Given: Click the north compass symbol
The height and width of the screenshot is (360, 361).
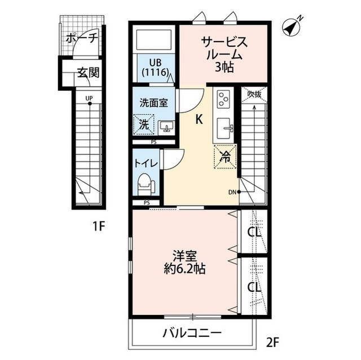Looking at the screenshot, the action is [292, 26].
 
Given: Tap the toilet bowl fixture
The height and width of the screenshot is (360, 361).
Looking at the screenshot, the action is [146, 184].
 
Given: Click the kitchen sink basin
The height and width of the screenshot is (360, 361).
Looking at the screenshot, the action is [224, 128].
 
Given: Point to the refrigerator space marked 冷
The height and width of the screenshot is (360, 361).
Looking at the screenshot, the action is [225, 157].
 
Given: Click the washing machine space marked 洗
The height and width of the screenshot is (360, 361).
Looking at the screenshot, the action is [144, 125].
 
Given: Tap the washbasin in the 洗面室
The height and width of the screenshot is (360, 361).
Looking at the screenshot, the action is [166, 126].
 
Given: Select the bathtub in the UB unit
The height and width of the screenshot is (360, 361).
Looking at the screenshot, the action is [154, 39].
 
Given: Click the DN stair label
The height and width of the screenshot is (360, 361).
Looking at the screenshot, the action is [232, 192].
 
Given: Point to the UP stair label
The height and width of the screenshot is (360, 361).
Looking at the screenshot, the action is [89, 99].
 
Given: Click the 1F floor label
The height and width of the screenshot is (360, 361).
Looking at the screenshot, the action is [99, 227].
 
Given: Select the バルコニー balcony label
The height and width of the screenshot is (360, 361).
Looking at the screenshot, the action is [192, 332].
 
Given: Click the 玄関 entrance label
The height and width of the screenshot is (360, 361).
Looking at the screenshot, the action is [89, 73].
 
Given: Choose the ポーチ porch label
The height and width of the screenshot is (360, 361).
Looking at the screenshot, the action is [82, 38].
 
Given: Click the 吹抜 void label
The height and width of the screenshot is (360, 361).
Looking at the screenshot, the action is [254, 94].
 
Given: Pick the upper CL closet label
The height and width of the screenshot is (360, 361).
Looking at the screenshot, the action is [254, 232].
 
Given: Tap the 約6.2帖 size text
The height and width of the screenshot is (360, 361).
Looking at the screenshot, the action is [184, 268].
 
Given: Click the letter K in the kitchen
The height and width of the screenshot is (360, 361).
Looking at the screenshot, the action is [199, 119].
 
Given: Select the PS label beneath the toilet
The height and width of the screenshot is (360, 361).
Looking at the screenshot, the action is [147, 203].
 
